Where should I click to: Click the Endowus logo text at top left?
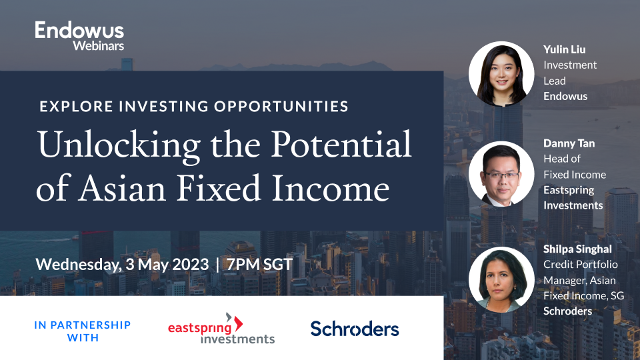(x=79, y=30)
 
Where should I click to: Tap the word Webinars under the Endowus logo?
(x=98, y=45)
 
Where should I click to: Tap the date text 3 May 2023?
(x=167, y=263)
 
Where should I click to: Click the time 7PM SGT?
(x=259, y=263)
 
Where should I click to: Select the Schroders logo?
(x=355, y=329)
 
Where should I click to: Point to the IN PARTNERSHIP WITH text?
(x=83, y=331)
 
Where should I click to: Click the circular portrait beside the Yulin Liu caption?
(x=501, y=75)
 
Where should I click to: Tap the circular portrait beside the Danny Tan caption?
(x=501, y=174)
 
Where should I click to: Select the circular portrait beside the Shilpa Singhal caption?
(x=501, y=279)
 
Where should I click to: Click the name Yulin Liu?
(x=564, y=49)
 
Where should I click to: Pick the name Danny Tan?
(x=568, y=143)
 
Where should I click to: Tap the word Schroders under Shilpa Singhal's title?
(x=568, y=311)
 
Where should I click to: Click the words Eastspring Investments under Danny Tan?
(x=573, y=197)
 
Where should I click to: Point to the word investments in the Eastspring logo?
(x=238, y=338)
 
